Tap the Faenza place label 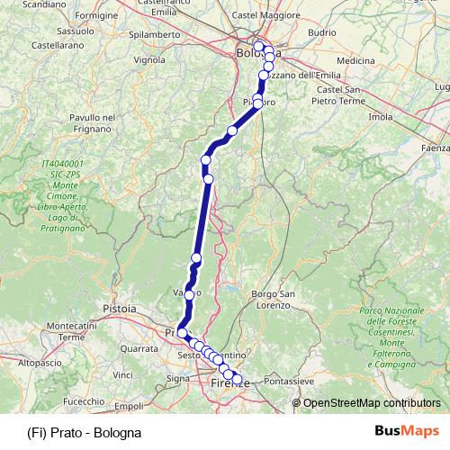(x=436, y=147)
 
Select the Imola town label (x=381, y=117)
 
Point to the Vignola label (x=148, y=60)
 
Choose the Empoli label (x=130, y=407)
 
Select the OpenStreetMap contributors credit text (x=372, y=403)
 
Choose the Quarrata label (x=139, y=346)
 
